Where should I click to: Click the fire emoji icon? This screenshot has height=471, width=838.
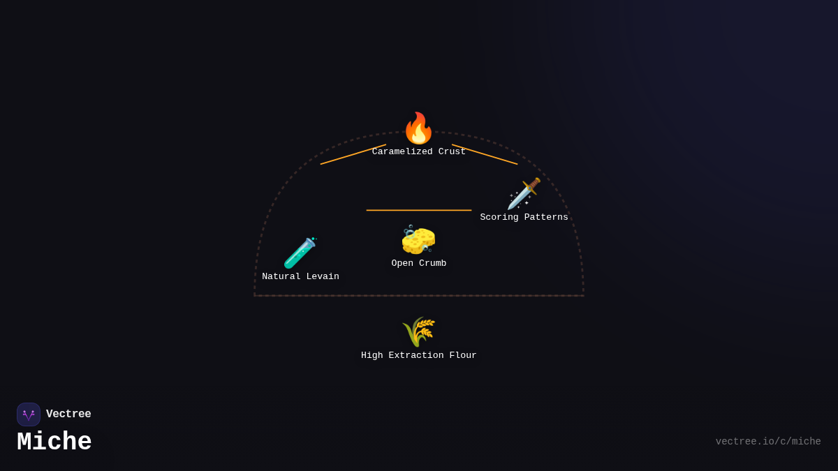point(418,128)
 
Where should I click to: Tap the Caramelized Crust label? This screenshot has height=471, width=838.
point(418,152)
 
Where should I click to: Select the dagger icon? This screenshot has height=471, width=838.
point(524,193)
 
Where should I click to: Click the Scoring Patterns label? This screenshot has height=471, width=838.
point(524,218)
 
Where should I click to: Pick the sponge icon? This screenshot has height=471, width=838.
point(418,240)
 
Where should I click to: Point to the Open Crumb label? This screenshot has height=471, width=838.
point(418,264)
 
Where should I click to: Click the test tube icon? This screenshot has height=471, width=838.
point(300,253)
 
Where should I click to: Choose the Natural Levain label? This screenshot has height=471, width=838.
point(300,277)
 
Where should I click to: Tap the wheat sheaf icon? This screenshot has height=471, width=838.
point(418,331)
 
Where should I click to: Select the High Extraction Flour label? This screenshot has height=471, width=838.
point(418,356)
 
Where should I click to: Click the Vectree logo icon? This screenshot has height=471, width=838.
point(29,414)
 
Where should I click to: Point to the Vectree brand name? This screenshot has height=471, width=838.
point(68,414)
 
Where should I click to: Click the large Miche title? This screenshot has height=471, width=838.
point(54,442)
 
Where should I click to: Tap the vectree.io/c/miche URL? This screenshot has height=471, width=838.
point(768,442)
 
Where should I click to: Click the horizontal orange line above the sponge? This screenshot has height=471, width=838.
point(418,210)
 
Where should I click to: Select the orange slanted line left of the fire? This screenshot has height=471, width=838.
point(353,154)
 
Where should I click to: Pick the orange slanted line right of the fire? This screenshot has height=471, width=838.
point(485,154)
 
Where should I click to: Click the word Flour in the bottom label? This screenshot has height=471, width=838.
point(463,356)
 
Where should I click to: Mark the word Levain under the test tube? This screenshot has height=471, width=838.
point(323,277)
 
